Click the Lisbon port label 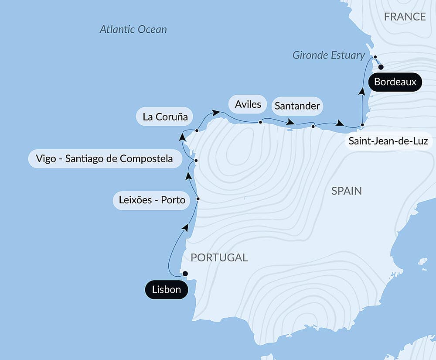pyautogui.click(x=167, y=290)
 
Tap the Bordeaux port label pyautogui.click(x=395, y=82)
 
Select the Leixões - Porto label pyautogui.click(x=152, y=200)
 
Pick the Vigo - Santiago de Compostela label pyautogui.click(x=103, y=158)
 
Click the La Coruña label pyautogui.click(x=165, y=117)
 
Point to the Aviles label pyautogui.click(x=248, y=104)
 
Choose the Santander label pyautogui.click(x=297, y=106)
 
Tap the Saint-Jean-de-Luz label pyautogui.click(x=388, y=141)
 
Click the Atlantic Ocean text pyautogui.click(x=133, y=29)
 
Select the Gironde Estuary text pyautogui.click(x=328, y=55)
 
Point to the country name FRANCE pyautogui.click(x=405, y=17)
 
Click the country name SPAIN pyautogui.click(x=346, y=191)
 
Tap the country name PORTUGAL pyautogui.click(x=219, y=257)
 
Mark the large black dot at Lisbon pyautogui.click(x=185, y=274)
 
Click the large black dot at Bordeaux pyautogui.click(x=381, y=67)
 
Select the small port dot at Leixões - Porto pyautogui.click(x=198, y=199)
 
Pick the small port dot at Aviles pyautogui.click(x=260, y=122)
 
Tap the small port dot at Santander pyautogui.click(x=313, y=127)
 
